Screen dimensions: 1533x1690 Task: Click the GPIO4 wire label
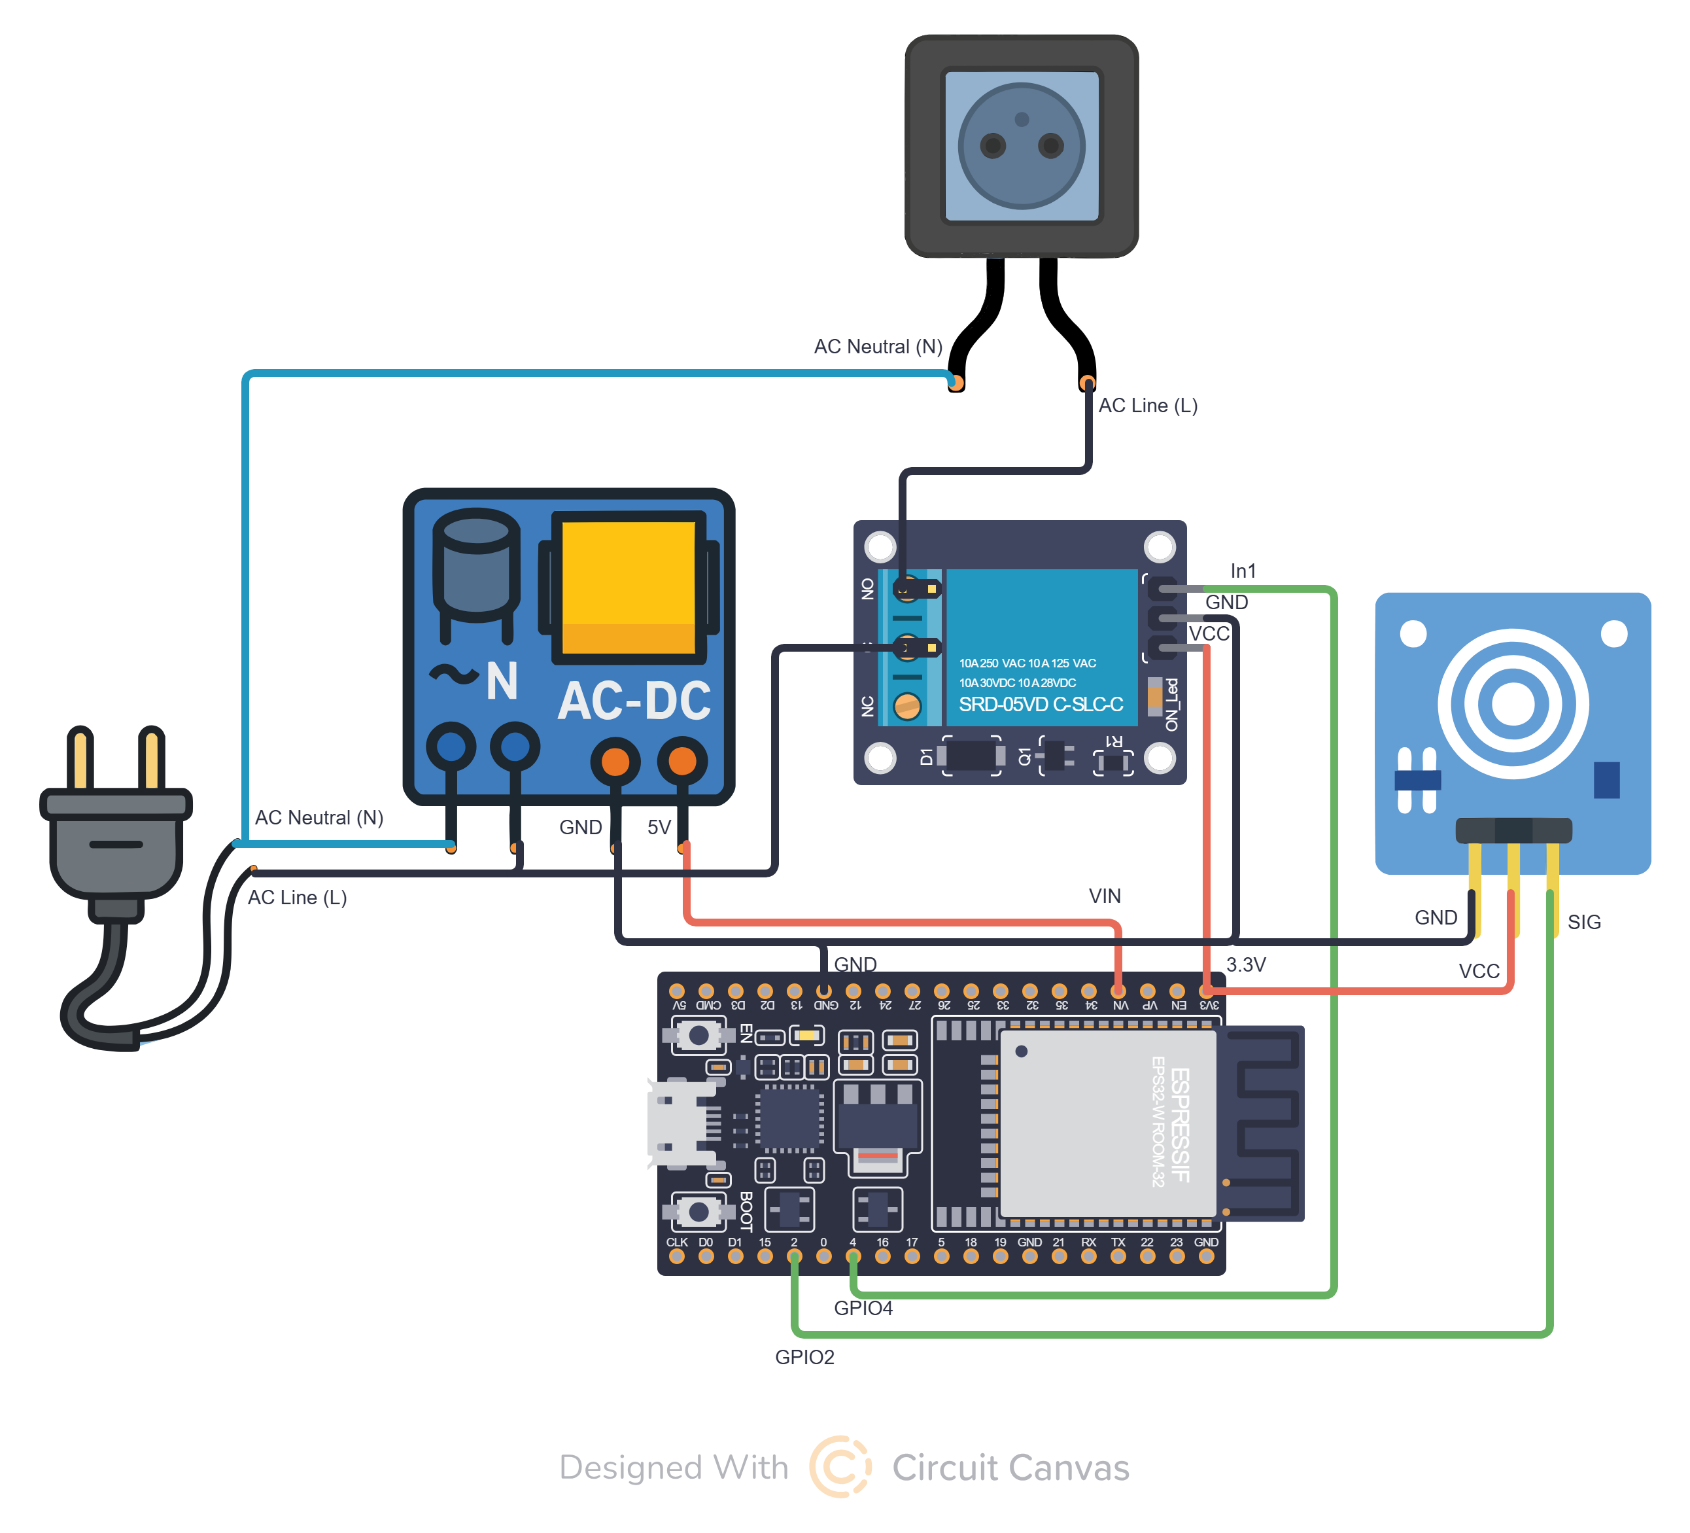click(x=863, y=1308)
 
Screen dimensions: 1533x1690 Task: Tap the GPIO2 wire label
click(x=804, y=1357)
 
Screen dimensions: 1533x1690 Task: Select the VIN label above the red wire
click(x=1104, y=896)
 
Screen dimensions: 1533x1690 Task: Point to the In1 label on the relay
click(x=1243, y=571)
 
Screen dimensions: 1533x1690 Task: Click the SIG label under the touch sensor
click(x=1583, y=923)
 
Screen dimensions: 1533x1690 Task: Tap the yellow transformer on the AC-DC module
click(x=628, y=587)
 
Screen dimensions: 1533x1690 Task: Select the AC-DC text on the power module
click(x=634, y=701)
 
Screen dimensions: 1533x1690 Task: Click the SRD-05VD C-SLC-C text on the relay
click(x=1041, y=705)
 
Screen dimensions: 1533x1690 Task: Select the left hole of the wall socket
click(x=993, y=147)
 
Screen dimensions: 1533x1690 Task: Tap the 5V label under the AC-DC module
click(x=659, y=828)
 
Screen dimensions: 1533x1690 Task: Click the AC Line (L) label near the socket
click(x=1148, y=406)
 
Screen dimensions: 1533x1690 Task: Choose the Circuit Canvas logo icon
click(x=840, y=1467)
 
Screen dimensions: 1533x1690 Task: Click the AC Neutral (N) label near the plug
click(x=319, y=818)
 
